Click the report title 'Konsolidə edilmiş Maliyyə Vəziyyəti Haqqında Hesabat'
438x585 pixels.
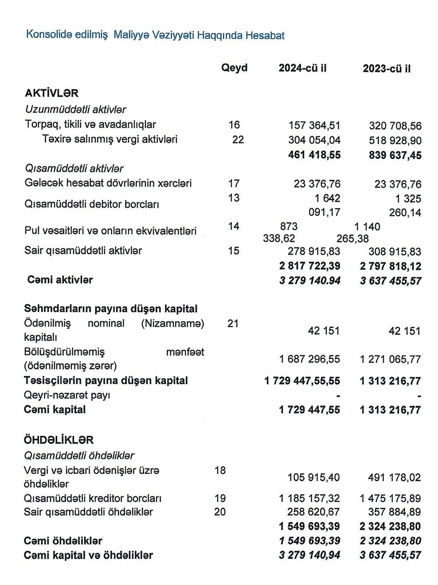tap(155, 35)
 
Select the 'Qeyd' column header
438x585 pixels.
tap(234, 68)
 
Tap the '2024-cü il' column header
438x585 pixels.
tap(303, 68)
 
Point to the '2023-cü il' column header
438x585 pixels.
tap(387, 69)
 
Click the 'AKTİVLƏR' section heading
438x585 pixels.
tap(52, 93)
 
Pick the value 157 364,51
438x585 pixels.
tap(314, 126)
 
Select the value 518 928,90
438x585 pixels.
tap(395, 140)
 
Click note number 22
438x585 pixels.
tap(238, 140)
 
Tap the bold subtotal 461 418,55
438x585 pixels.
tap(314, 155)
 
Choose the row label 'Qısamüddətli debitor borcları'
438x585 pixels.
tap(92, 204)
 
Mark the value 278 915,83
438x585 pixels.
tap(314, 252)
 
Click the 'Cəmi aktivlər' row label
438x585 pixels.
tap(60, 280)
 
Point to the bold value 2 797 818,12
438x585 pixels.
tap(391, 266)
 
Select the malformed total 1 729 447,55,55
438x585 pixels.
tap(302, 381)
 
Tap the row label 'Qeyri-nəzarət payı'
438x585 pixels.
tap(67, 396)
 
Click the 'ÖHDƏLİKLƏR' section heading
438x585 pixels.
tap(59, 440)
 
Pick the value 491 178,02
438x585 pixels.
tap(394, 477)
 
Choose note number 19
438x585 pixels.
tap(220, 498)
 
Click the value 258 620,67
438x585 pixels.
tap(313, 512)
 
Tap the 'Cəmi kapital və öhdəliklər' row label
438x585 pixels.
tap(88, 555)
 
